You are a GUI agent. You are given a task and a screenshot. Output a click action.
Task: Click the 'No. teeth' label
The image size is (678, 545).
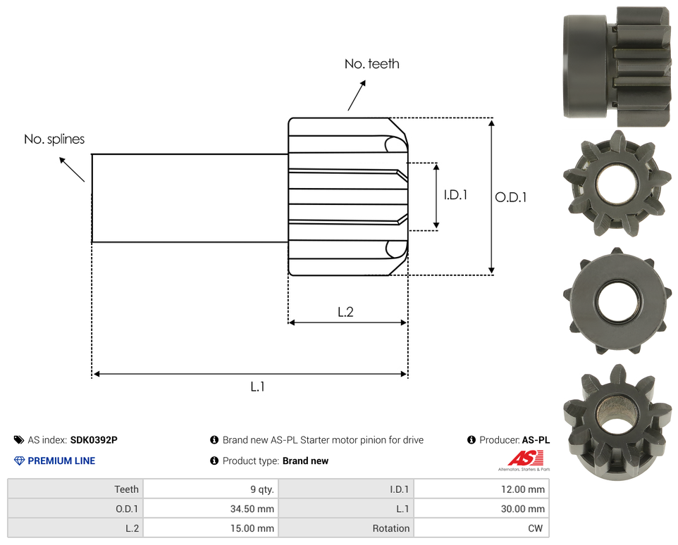[372, 64]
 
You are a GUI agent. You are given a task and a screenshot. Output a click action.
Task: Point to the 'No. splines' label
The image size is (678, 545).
[54, 139]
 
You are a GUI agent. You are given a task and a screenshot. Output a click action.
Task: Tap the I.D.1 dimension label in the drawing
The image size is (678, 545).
[455, 195]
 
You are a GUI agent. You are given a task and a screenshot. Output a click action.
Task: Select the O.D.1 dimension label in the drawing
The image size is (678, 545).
[511, 197]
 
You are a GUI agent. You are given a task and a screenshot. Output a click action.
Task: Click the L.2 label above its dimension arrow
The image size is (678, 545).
[345, 312]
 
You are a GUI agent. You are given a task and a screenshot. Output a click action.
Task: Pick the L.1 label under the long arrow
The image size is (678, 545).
[257, 387]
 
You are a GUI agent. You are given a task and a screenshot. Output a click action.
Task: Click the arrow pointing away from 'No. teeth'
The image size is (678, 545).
[357, 95]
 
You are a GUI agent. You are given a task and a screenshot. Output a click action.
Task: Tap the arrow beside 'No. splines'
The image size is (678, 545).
[72, 169]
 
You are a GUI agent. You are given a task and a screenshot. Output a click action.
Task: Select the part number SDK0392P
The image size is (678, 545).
[94, 440]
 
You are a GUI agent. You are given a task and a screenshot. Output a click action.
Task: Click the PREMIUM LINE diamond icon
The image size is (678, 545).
[19, 461]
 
